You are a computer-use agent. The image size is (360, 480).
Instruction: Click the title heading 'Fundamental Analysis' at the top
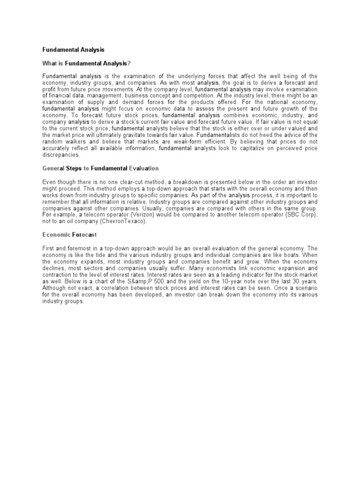[73, 49]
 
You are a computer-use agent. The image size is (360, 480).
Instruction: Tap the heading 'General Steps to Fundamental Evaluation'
[100, 168]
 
